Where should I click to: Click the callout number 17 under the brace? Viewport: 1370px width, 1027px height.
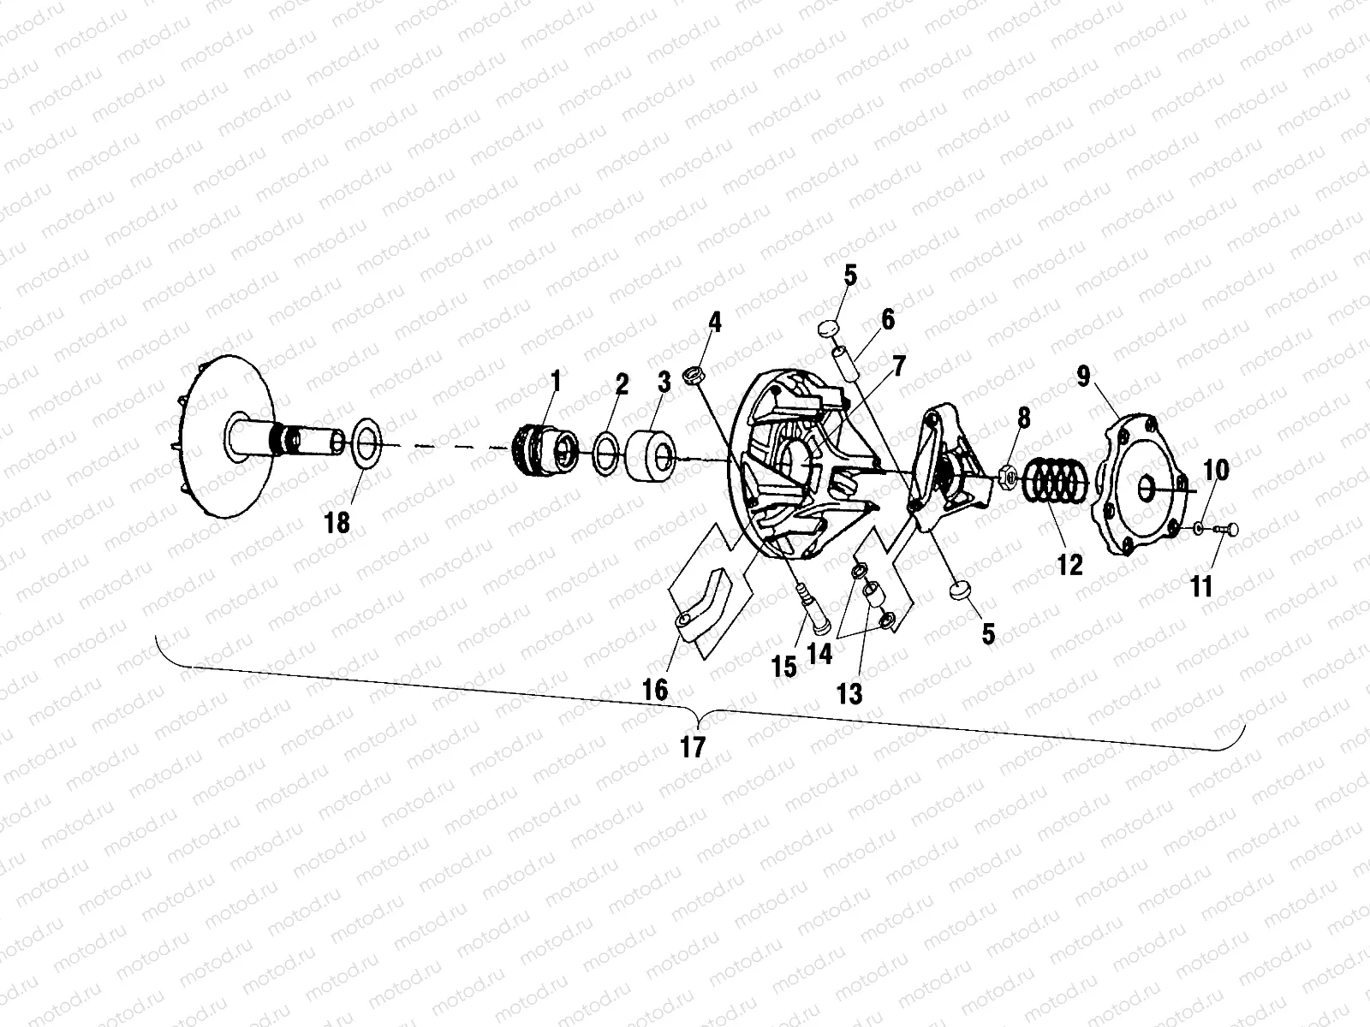click(x=693, y=746)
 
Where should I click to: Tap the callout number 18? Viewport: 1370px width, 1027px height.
click(x=338, y=522)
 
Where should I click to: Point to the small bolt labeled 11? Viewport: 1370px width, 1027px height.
click(x=1230, y=531)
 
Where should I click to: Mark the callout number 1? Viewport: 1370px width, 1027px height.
click(x=556, y=380)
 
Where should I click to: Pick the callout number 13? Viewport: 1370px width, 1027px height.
click(x=850, y=693)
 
